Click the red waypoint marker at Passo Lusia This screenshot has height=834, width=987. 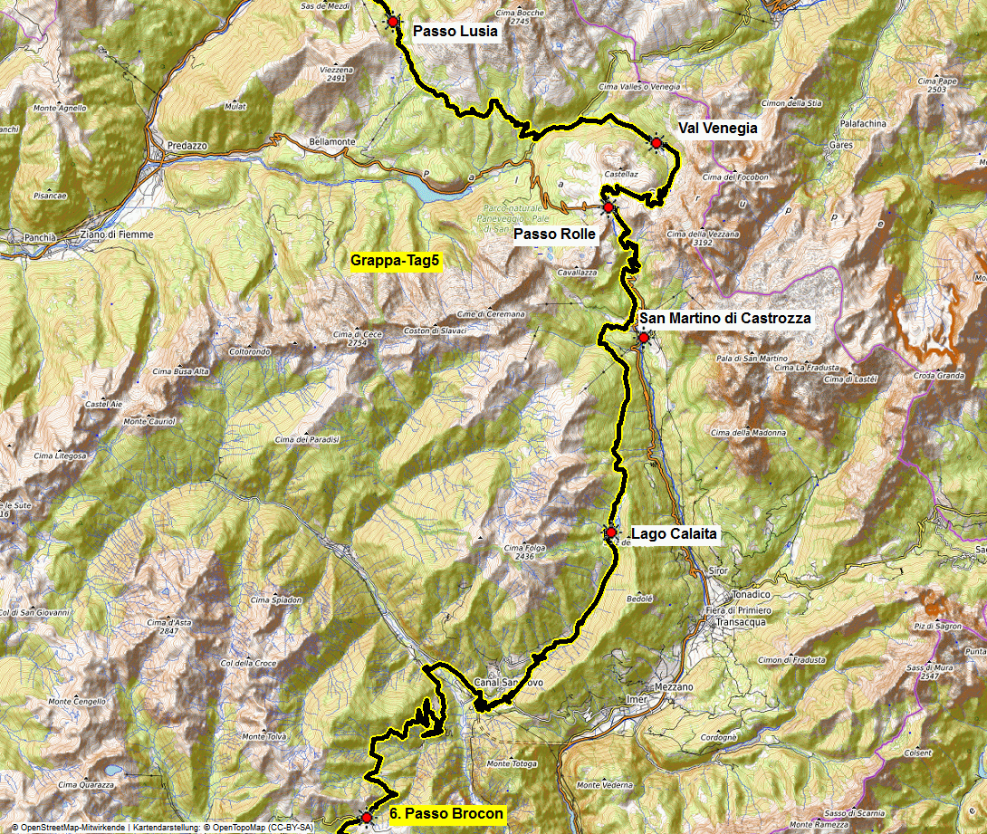(x=393, y=21)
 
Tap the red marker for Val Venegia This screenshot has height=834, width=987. (x=656, y=142)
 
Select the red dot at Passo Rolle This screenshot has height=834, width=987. (x=608, y=207)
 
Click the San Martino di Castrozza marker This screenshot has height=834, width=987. (x=643, y=338)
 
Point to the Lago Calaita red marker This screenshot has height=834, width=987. (x=611, y=532)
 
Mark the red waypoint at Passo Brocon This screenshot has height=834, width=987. (x=366, y=818)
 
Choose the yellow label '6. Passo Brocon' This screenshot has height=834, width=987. (x=446, y=814)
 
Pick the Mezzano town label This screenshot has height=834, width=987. (x=672, y=687)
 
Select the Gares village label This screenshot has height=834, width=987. (x=841, y=145)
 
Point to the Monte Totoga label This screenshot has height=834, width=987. (x=512, y=764)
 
